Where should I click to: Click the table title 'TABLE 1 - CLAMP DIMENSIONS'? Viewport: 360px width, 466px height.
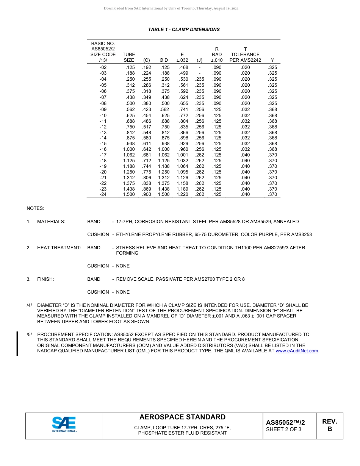click(184, 30)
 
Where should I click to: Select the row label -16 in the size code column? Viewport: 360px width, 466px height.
click(103, 149)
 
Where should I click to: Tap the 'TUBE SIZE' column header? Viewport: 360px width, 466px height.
click(129, 57)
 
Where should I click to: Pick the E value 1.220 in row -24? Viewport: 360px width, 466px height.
click(182, 194)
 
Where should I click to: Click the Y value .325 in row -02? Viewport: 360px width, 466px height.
click(272, 67)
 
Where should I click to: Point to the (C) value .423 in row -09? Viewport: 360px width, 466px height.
click(146, 109)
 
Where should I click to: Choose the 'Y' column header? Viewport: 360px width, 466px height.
click(272, 60)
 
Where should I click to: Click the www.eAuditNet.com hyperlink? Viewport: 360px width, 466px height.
click(297, 351)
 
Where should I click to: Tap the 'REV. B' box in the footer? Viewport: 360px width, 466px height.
click(329, 425)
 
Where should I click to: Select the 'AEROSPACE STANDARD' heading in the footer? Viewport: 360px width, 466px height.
click(182, 417)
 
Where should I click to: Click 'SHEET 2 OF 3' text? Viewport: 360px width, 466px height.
click(284, 429)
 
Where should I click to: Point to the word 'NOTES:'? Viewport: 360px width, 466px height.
click(35, 208)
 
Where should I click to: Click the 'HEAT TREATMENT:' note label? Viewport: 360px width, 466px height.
click(59, 248)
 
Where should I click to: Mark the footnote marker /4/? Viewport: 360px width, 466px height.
click(29, 305)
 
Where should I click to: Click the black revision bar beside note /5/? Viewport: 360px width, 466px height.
click(17, 344)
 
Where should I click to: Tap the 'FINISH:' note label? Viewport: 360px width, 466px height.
click(45, 279)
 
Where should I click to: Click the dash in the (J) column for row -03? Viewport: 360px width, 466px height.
click(200, 73)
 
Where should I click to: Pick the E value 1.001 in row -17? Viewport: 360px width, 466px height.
click(182, 155)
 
